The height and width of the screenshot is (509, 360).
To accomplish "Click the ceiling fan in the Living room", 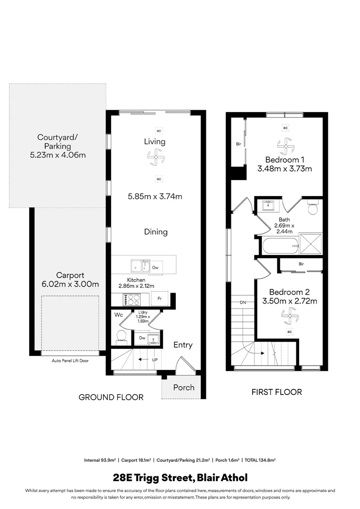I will click(x=155, y=157).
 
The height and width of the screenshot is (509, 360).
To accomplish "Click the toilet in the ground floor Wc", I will click(x=121, y=336).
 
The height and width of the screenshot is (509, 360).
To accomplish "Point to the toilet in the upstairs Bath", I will click(x=313, y=207).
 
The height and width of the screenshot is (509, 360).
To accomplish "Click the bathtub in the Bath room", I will click(x=280, y=245).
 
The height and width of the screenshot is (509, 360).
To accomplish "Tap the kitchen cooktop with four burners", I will click(x=131, y=299).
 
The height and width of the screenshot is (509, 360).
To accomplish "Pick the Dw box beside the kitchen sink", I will click(x=156, y=267).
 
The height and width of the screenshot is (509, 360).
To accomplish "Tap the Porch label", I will click(x=184, y=387).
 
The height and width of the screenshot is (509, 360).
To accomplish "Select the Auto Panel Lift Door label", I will click(x=70, y=361).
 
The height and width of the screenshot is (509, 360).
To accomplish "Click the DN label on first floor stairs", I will click(x=243, y=302).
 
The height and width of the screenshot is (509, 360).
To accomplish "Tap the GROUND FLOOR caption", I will click(x=111, y=397).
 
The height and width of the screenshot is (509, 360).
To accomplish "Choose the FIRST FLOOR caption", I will click(x=277, y=392).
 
